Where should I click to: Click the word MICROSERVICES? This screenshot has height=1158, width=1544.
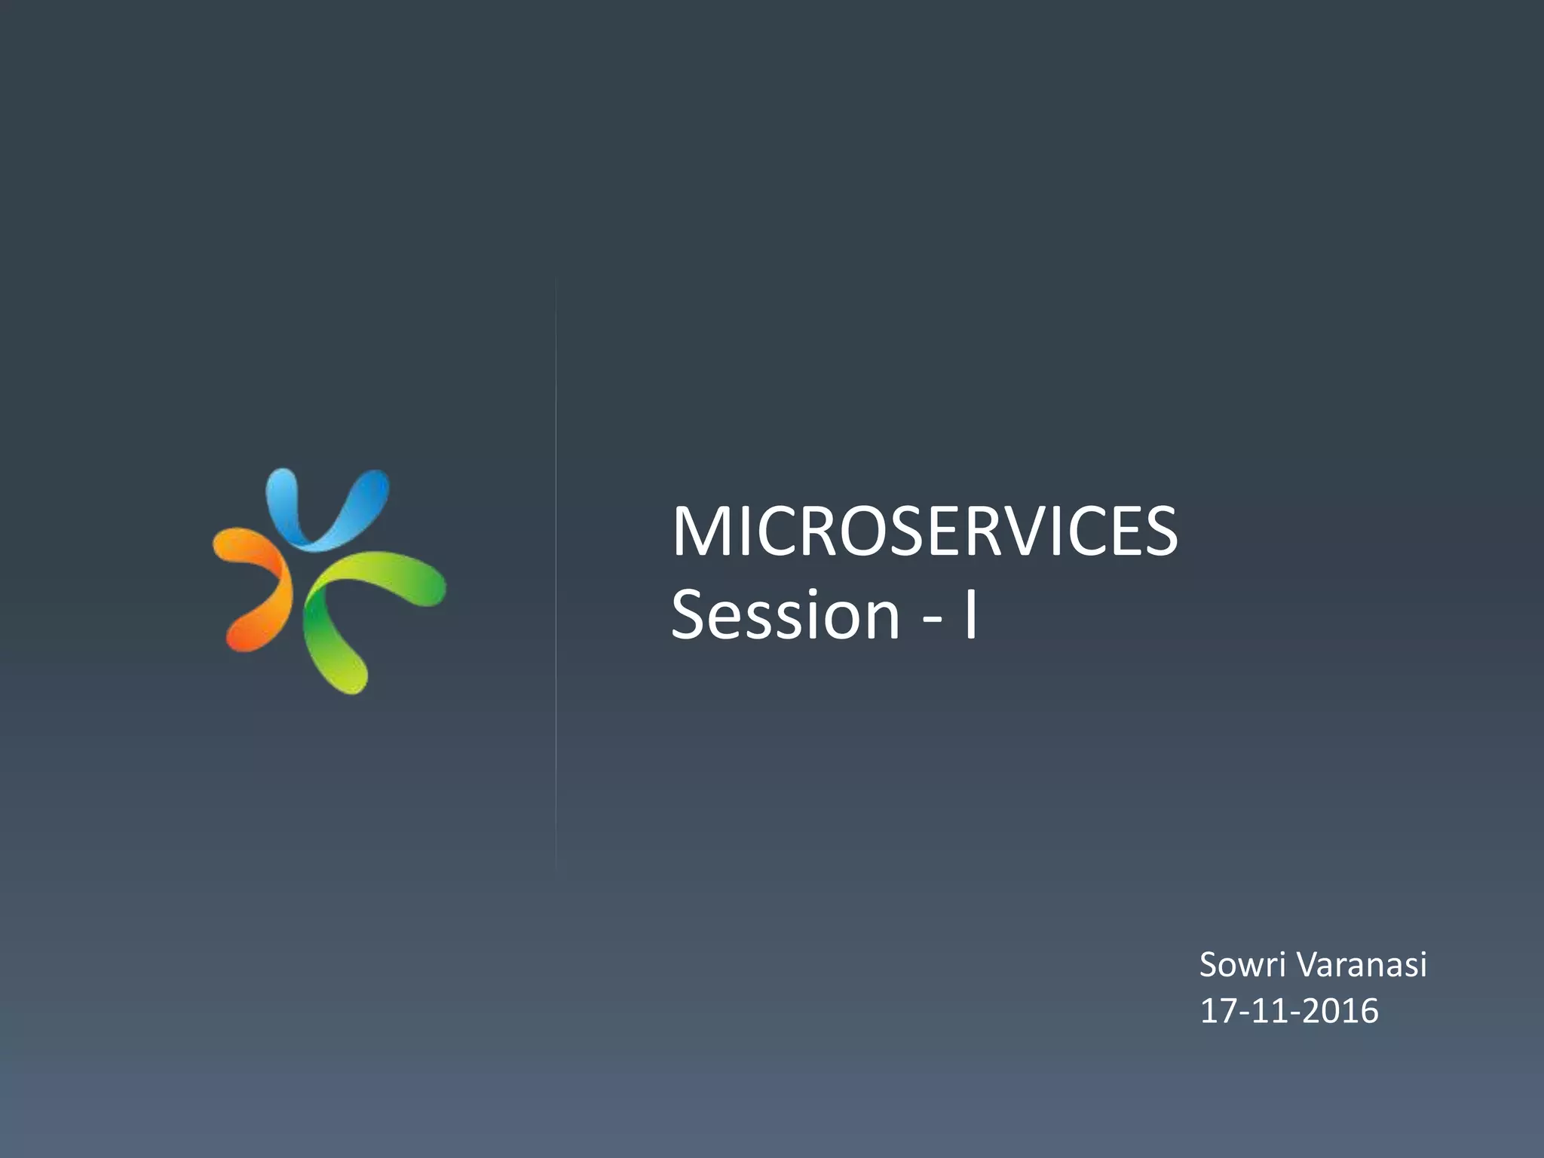(924, 532)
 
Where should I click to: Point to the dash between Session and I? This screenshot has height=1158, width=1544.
(932, 620)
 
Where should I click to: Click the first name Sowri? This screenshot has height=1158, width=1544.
(1241, 965)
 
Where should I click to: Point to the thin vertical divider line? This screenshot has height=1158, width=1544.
(556, 573)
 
